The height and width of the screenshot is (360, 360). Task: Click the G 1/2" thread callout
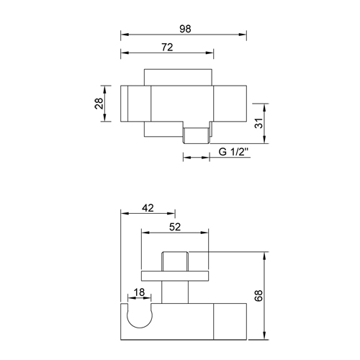[234, 151]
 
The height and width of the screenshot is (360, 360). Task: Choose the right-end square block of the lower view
[230, 321]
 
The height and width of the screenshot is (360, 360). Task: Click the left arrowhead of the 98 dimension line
[124, 34]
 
